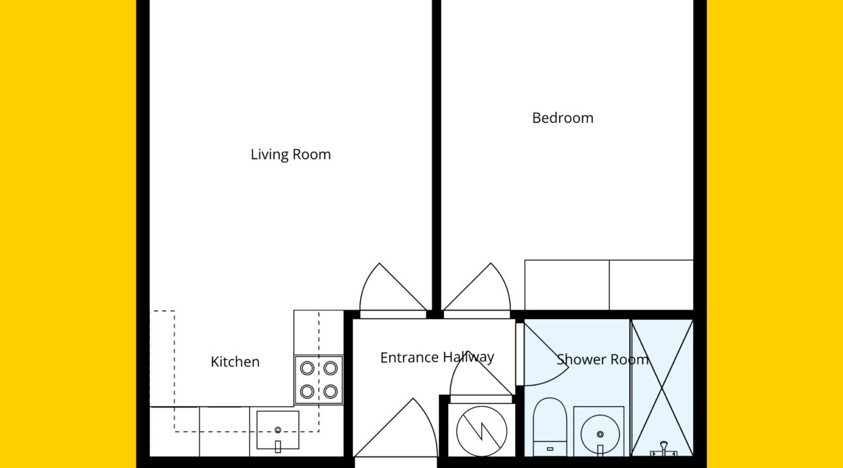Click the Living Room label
coord(290,155)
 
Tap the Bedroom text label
coord(562,117)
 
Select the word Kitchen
coord(235,361)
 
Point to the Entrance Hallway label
coord(437,357)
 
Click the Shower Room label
coord(602,359)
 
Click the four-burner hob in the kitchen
coord(318,380)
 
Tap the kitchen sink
coord(278,431)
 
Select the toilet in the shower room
coord(550,427)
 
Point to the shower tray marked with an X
coord(662,387)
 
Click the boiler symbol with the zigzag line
coord(481,431)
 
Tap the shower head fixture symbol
coord(664,449)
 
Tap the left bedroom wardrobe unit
coord(566,285)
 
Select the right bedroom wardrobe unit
coord(651,285)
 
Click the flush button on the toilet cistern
coord(550,449)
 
